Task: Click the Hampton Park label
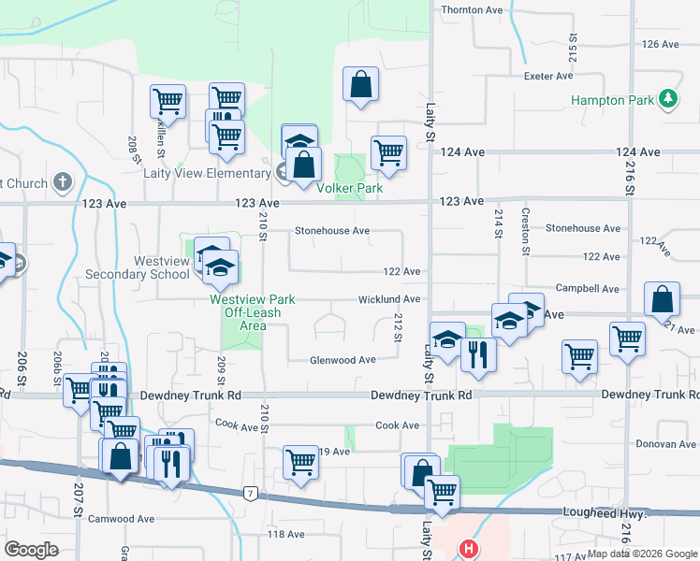click(x=610, y=98)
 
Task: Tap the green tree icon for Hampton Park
click(x=667, y=98)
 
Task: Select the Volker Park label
click(x=350, y=188)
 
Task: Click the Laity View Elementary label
click(x=207, y=173)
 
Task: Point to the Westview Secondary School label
click(x=136, y=267)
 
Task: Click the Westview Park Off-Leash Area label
click(x=252, y=306)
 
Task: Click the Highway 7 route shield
click(x=250, y=493)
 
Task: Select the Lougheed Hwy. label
click(x=605, y=513)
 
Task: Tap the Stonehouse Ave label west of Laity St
click(x=332, y=230)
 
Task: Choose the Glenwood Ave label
click(x=343, y=360)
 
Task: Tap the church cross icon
click(x=62, y=181)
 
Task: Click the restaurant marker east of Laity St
click(x=478, y=354)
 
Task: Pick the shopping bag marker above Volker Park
click(x=360, y=84)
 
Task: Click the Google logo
click(x=31, y=550)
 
